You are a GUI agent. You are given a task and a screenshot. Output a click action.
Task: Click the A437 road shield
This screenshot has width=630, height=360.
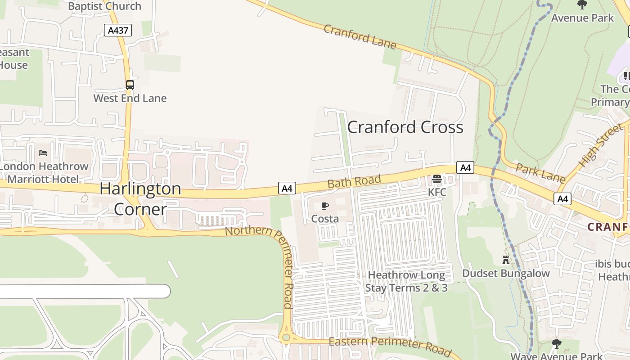pos(118,31)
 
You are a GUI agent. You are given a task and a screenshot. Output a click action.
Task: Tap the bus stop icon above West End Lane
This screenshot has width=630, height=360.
pos(130,85)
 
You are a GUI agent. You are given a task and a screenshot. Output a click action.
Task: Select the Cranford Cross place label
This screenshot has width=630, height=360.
pos(405,127)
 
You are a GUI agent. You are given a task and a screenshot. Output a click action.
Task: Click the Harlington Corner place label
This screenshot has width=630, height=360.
pos(140,198)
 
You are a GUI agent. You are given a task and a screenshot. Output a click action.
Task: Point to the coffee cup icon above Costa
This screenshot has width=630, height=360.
pos(324,206)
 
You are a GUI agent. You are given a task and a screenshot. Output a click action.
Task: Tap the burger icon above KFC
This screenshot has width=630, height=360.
pos(436,179)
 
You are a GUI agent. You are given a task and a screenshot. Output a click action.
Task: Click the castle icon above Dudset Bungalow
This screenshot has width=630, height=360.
pos(506,260)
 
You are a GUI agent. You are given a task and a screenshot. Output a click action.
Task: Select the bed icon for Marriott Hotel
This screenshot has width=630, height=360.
pos(43,153)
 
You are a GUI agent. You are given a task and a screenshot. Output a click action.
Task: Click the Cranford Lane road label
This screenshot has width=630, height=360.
pos(360,36)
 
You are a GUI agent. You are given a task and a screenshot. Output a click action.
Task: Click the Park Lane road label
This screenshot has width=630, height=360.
pos(540,173)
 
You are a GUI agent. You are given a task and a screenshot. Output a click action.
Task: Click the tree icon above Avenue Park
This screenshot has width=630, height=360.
pos(582,5)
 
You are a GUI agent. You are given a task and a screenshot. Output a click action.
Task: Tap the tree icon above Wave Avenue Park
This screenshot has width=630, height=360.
pos(557,344)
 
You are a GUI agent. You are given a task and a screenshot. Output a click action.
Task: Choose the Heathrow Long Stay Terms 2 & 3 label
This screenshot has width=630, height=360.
pos(406,281)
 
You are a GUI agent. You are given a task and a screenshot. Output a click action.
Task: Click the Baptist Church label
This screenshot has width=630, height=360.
pos(104,6)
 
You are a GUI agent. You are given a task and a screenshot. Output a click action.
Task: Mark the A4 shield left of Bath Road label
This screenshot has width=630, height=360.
pos(287,188)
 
